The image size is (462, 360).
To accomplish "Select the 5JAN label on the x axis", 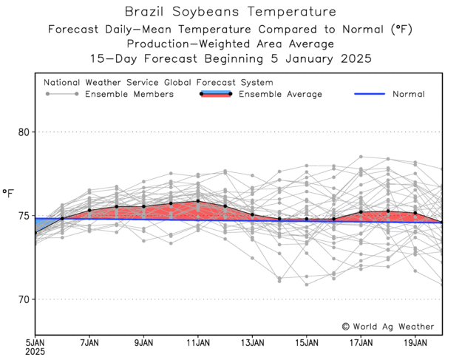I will pyautogui.click(x=35, y=342).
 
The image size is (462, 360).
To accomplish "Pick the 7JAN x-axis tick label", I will pyautogui.click(x=89, y=342).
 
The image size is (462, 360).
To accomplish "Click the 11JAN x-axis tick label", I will pyautogui.click(x=198, y=342).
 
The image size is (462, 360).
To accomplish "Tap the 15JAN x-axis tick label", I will pyautogui.click(x=307, y=342).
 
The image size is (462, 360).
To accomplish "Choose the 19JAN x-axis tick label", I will pyautogui.click(x=415, y=342).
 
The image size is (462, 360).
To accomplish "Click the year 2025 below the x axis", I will pyautogui.click(x=35, y=353).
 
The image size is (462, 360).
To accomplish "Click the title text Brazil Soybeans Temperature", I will pyautogui.click(x=230, y=12).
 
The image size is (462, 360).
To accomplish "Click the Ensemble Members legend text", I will pyautogui.click(x=129, y=94).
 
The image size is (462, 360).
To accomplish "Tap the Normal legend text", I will pyautogui.click(x=408, y=94).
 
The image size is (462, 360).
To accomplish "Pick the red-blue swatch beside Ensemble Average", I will pyautogui.click(x=216, y=94).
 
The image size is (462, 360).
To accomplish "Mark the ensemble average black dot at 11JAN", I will pyautogui.click(x=198, y=201).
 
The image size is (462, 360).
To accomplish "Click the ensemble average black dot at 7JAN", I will pyautogui.click(x=89, y=210).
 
